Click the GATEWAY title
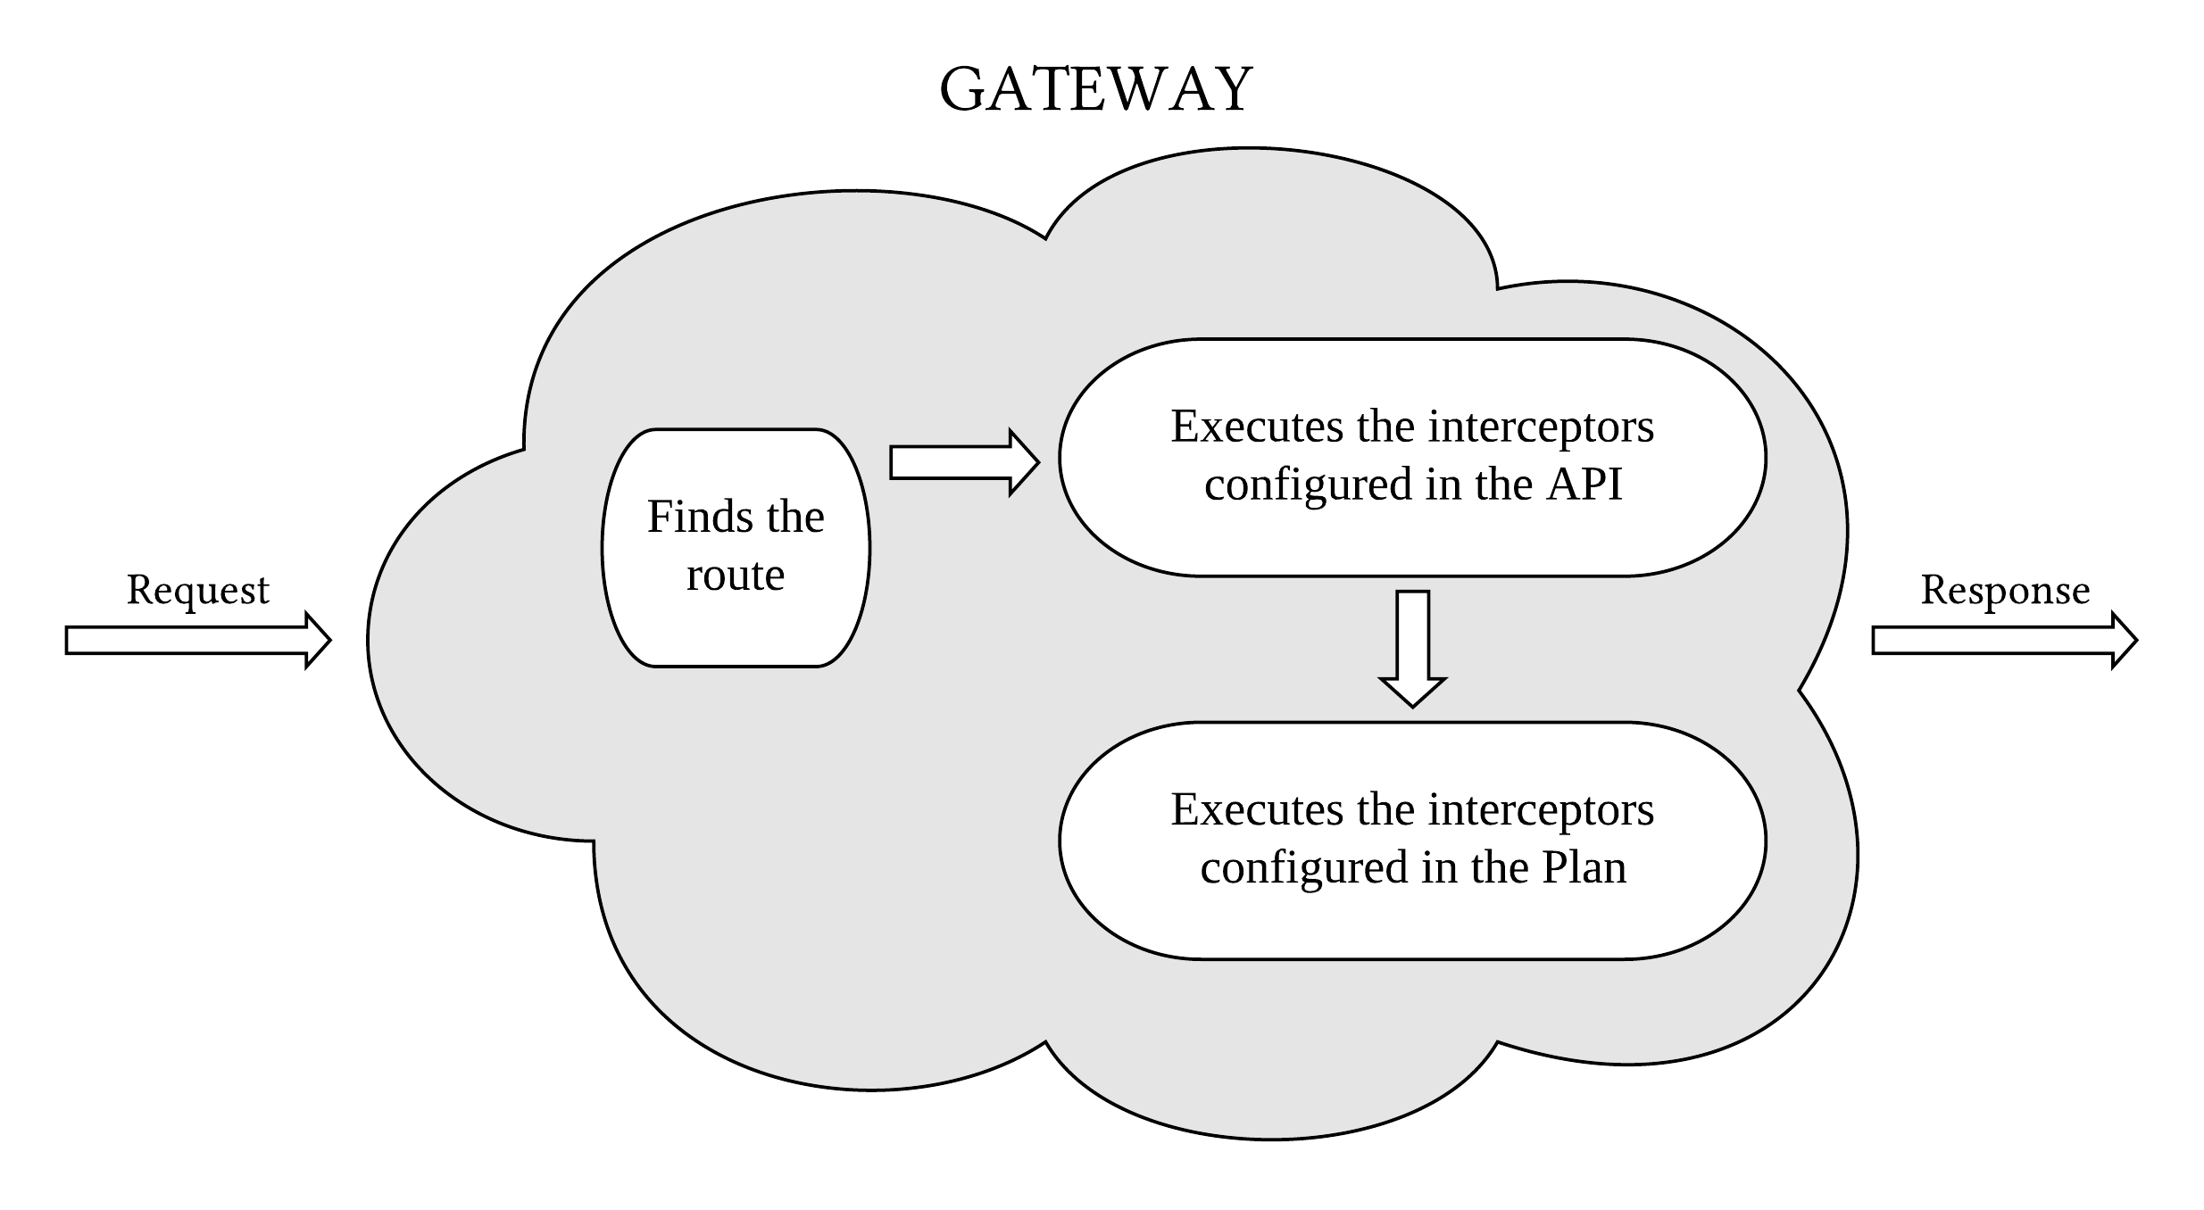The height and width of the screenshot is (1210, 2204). click(x=1095, y=90)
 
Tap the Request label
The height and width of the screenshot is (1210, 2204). click(x=197, y=590)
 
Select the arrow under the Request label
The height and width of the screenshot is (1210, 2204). click(x=197, y=640)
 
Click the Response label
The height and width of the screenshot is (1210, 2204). click(x=2005, y=590)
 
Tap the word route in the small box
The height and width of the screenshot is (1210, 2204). click(x=735, y=575)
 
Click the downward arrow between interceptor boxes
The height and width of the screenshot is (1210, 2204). click(x=1412, y=647)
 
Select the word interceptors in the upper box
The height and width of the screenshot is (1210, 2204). click(x=1541, y=427)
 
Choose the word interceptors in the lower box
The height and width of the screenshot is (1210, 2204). click(x=1541, y=810)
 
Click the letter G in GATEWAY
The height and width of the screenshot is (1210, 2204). click(x=963, y=90)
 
